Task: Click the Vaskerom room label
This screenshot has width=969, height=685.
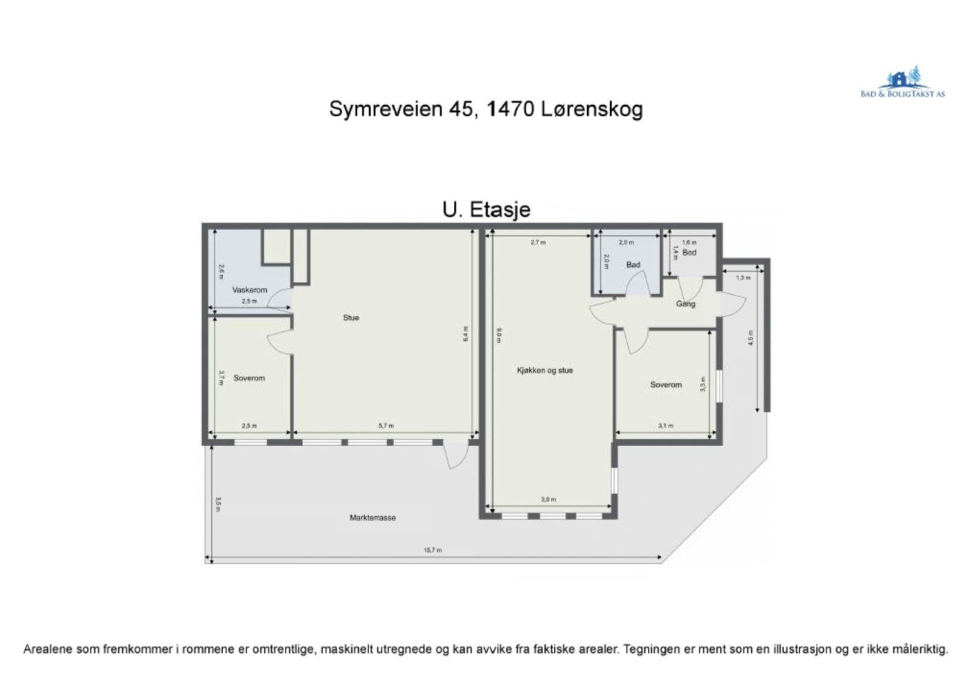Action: [x=250, y=290]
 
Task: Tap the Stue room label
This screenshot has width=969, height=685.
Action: [x=351, y=317]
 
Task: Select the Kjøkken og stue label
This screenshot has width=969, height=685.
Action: [x=544, y=370]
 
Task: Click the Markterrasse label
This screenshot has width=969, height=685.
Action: [x=372, y=518]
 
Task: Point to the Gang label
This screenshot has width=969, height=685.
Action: [x=686, y=304]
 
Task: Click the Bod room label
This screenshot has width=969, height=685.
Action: [x=689, y=253]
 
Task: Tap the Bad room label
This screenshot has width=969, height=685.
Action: [x=633, y=265]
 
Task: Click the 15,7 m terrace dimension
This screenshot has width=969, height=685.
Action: [x=432, y=551]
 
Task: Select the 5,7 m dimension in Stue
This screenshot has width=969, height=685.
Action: [x=386, y=426]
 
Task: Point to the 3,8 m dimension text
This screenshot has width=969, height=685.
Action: [x=548, y=500]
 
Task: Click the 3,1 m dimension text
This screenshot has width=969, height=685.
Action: [x=665, y=426]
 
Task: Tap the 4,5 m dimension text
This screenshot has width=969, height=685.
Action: [x=750, y=337]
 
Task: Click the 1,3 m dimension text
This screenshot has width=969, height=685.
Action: [x=742, y=278]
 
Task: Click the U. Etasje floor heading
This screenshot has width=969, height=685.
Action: [x=486, y=210]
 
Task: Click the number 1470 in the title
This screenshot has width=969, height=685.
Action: [x=509, y=110]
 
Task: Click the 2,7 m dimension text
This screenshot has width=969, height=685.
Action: [x=538, y=242]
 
